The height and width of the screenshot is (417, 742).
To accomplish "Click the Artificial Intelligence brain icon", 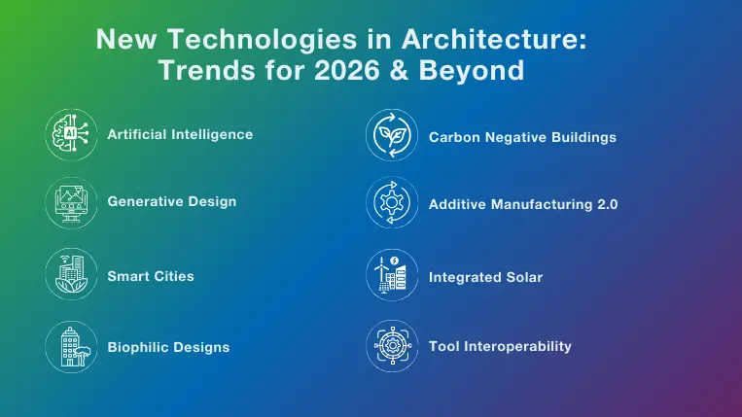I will pyautogui.click(x=72, y=134).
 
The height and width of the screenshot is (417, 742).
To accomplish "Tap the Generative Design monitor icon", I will pyautogui.click(x=72, y=202).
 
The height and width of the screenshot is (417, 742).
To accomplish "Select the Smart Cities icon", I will pyautogui.click(x=72, y=276).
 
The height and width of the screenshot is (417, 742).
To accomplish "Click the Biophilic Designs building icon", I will pyautogui.click(x=72, y=346).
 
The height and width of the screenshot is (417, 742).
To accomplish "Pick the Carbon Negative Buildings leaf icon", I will pyautogui.click(x=392, y=136).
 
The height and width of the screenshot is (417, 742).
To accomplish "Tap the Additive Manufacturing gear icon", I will pyautogui.click(x=392, y=203).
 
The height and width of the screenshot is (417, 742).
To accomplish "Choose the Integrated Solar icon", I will pyautogui.click(x=392, y=276).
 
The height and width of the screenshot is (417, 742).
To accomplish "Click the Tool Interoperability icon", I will pyautogui.click(x=392, y=346).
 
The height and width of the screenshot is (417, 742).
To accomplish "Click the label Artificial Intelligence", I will pyautogui.click(x=180, y=134).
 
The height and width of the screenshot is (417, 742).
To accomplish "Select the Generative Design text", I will pyautogui.click(x=171, y=201).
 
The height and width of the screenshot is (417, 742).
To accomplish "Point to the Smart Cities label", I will pyautogui.click(x=151, y=276).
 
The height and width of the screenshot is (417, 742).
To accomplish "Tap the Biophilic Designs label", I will pyautogui.click(x=168, y=346).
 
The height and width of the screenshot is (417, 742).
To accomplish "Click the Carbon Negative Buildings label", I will pyautogui.click(x=522, y=137).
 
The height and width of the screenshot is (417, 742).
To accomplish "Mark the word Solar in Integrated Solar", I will pyautogui.click(x=522, y=277).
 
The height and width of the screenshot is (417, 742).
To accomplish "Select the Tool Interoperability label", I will pyautogui.click(x=500, y=346).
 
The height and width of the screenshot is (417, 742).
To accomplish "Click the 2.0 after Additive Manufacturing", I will pyautogui.click(x=607, y=204).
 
